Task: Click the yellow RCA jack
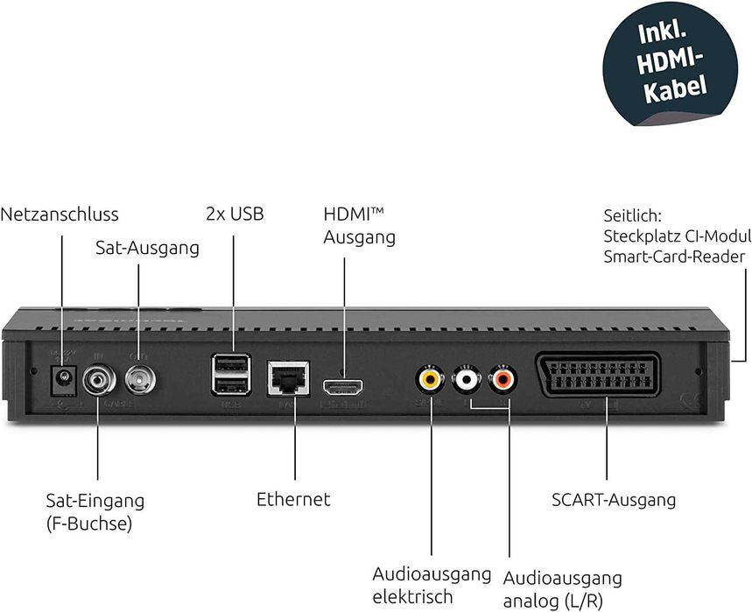428,378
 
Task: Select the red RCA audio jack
504,378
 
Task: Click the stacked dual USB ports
231,376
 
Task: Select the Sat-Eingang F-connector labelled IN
97,380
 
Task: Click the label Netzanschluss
60,215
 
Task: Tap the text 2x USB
234,214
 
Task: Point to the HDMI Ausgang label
359,226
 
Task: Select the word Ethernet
293,500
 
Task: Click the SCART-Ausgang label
614,501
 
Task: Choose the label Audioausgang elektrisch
432,586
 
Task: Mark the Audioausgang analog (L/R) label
562,589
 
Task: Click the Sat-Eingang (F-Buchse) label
95,513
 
